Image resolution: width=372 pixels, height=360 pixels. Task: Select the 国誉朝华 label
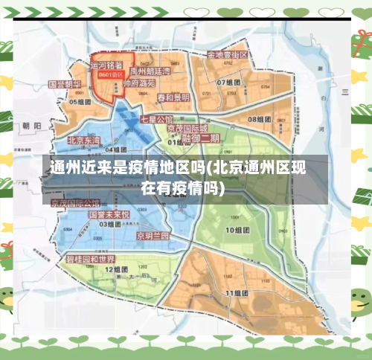pyautogui.click(x=64, y=85)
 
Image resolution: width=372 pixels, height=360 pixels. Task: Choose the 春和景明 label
pyautogui.click(x=173, y=97)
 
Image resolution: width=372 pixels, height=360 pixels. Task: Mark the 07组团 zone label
pyautogui.click(x=228, y=82)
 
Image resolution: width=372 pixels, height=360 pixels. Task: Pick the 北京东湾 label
pyautogui.click(x=83, y=140)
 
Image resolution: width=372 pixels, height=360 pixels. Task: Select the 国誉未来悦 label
pyautogui.click(x=109, y=214)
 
